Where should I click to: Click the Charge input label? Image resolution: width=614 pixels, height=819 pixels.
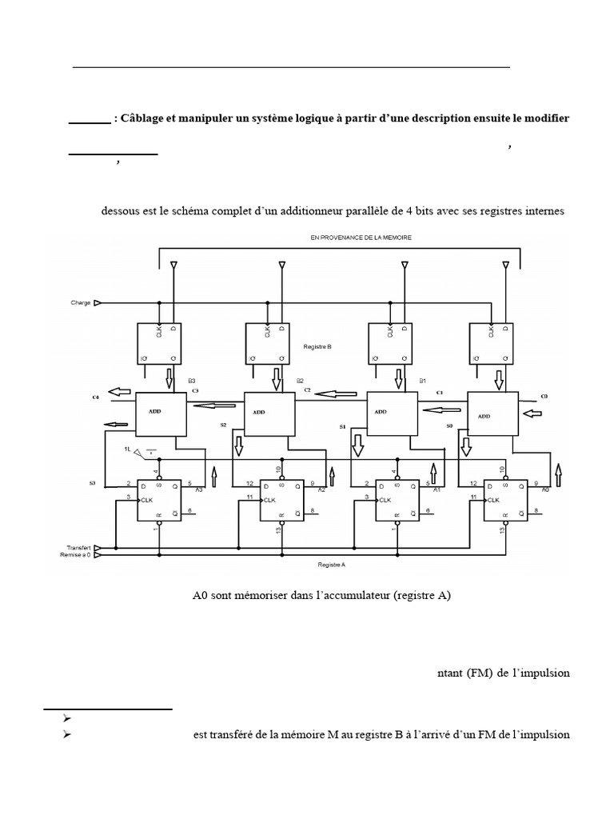(x=80, y=303)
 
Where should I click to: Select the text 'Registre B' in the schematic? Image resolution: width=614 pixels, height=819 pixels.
(x=317, y=347)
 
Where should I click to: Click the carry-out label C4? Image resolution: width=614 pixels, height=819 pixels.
(x=96, y=397)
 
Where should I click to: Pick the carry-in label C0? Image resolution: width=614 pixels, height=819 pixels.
(x=545, y=396)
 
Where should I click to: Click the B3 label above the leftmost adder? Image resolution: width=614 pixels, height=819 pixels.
(x=192, y=381)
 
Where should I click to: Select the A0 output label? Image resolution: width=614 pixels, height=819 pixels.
(x=545, y=489)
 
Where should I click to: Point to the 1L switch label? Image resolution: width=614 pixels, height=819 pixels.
(x=126, y=450)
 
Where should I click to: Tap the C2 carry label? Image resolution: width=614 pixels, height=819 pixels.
(x=307, y=389)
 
